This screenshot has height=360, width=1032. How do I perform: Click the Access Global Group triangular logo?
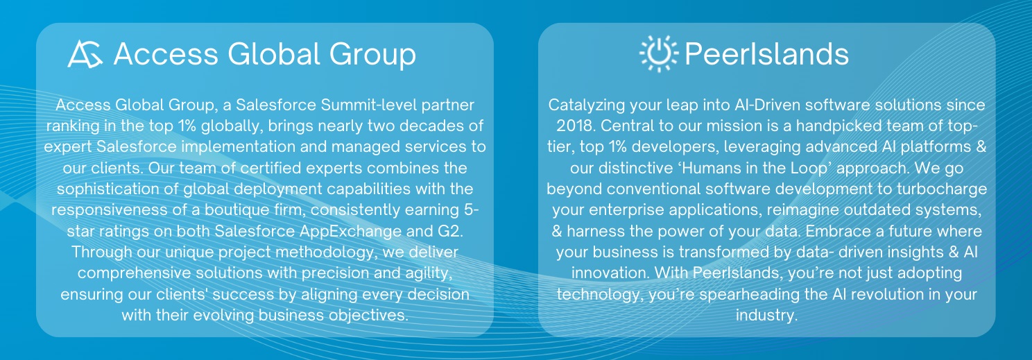(x=85, y=54)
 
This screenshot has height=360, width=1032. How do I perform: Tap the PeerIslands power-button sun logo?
(x=659, y=53)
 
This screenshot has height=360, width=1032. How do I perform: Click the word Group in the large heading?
(x=372, y=55)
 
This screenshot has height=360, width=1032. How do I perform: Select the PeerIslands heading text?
(x=766, y=54)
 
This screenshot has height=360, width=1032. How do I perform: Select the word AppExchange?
(x=351, y=231)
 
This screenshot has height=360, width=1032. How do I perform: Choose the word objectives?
(x=368, y=316)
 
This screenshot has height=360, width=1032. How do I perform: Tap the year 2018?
(x=576, y=126)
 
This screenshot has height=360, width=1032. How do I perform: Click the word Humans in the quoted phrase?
(x=712, y=168)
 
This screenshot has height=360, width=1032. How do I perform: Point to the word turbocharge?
(x=942, y=189)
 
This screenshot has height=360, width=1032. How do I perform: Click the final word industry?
(x=766, y=316)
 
